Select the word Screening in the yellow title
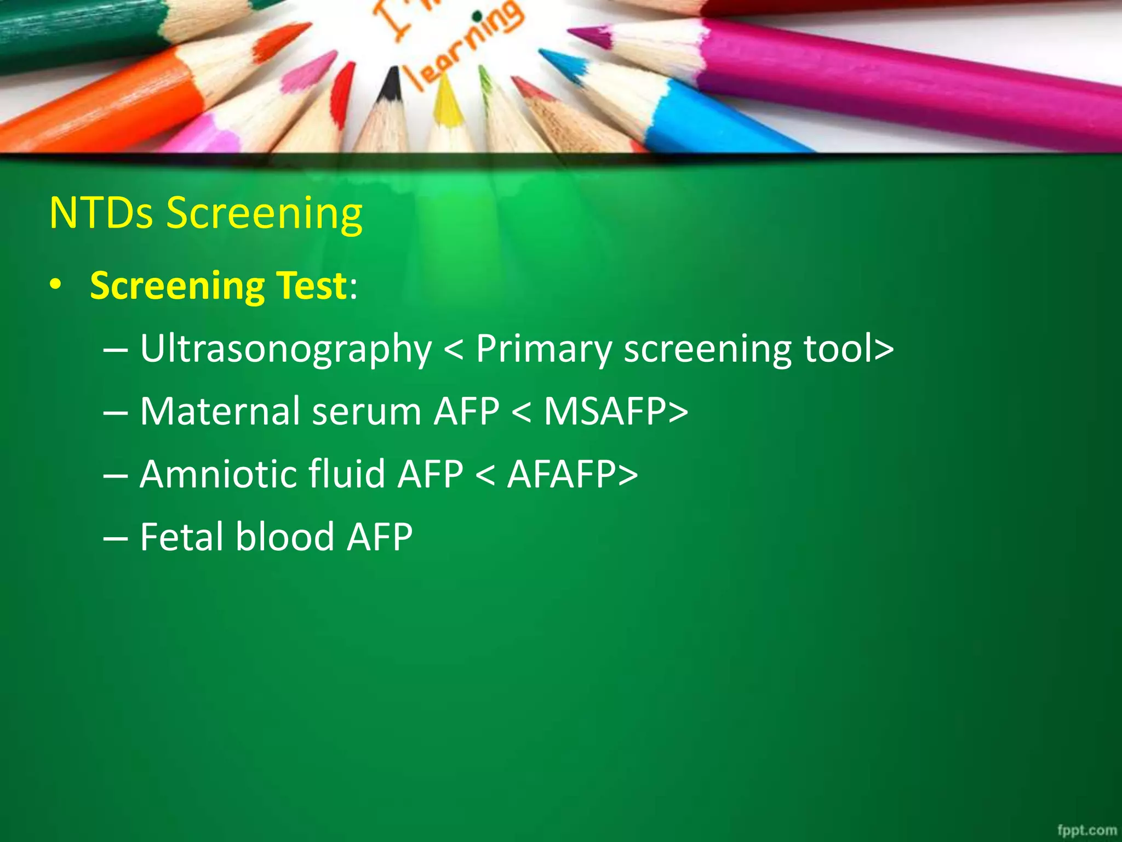tap(264, 214)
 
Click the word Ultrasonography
tap(285, 349)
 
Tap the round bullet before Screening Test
tap(55, 286)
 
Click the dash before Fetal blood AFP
tap(115, 538)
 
